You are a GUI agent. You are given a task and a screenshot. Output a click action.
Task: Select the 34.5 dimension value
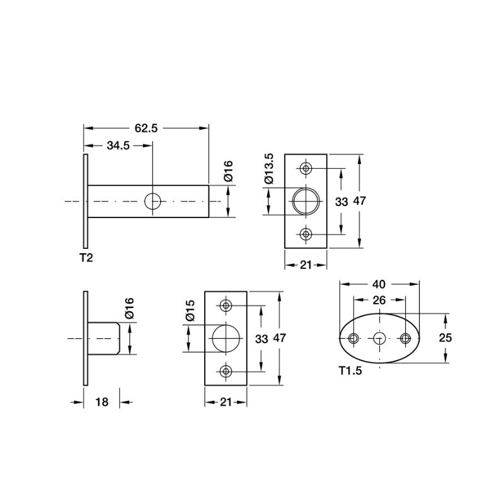tap(118, 146)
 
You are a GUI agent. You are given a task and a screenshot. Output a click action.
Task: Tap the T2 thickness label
tap(86, 257)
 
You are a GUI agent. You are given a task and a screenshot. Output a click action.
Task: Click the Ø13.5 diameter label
tap(269, 168)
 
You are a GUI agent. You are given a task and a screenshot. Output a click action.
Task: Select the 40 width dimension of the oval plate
tap(379, 283)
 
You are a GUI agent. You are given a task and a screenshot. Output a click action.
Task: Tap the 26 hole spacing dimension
tap(379, 301)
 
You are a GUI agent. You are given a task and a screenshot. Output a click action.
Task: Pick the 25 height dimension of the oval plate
tap(445, 338)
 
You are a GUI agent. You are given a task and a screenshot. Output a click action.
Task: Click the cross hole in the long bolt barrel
tap(152, 202)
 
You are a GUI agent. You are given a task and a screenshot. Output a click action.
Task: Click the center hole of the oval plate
tap(379, 338)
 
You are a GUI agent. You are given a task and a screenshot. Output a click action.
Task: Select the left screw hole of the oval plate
tap(354, 339)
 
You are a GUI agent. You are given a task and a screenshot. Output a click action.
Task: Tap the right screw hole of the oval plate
tap(405, 339)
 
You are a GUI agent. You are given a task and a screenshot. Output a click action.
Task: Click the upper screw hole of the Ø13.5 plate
tap(306, 169)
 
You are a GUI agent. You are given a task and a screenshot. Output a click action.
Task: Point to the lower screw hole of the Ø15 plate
tap(226, 371)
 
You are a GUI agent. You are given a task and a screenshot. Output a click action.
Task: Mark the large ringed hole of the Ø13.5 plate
tap(306, 202)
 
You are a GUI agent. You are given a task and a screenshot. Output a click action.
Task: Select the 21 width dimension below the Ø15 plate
tap(225, 401)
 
